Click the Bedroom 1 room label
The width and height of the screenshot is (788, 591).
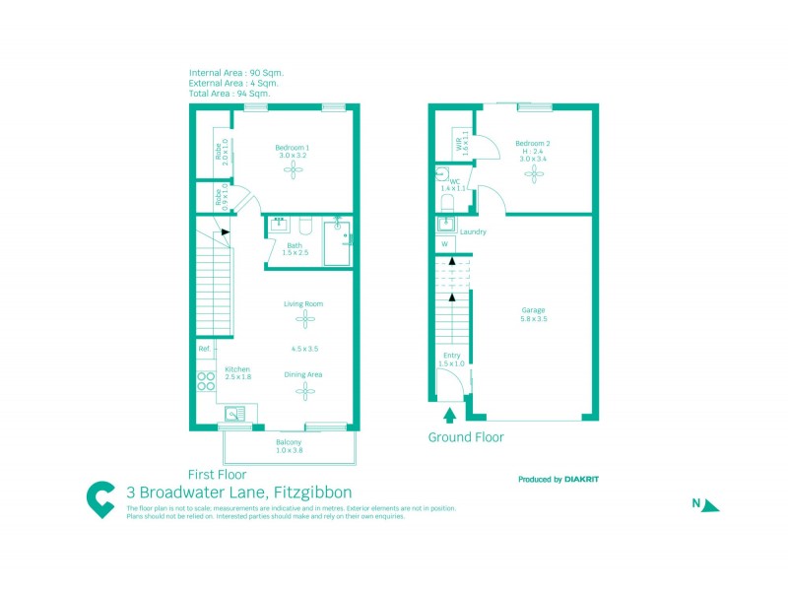(293, 148)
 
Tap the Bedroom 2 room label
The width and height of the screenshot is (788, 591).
(532, 143)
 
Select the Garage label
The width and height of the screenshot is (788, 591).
(533, 310)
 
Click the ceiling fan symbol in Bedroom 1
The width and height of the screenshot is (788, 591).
(293, 170)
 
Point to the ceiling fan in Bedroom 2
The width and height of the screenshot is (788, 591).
(533, 173)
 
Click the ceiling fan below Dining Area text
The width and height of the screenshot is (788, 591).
(304, 390)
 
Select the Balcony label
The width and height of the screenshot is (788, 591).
(289, 442)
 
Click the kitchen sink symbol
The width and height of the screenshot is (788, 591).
(235, 414)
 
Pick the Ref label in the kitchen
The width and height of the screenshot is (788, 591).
(204, 349)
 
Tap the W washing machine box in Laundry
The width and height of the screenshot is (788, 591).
(444, 243)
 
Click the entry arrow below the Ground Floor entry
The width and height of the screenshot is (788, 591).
(451, 414)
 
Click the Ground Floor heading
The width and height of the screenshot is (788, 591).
(466, 436)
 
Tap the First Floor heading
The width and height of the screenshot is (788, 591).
(218, 473)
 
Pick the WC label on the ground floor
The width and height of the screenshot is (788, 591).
(454, 181)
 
